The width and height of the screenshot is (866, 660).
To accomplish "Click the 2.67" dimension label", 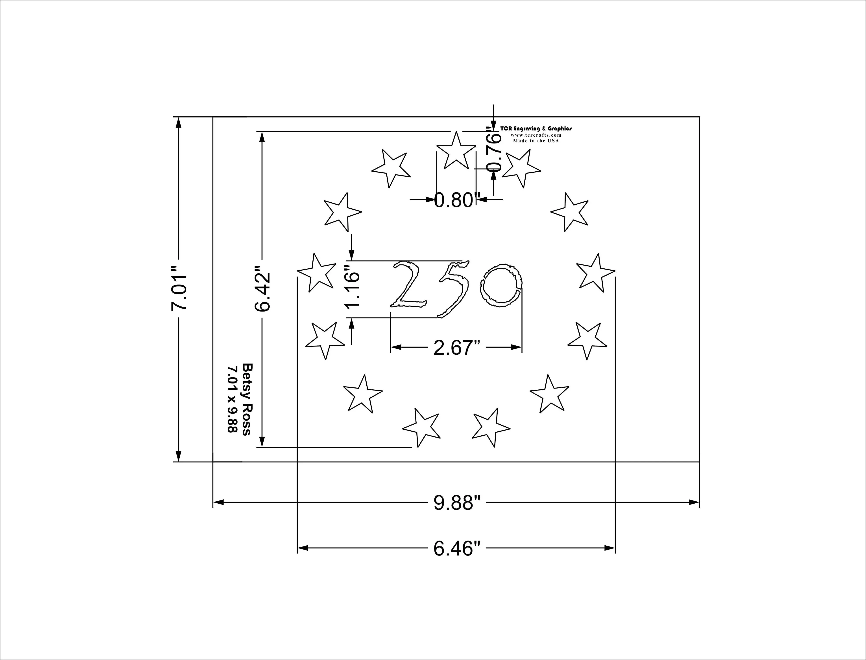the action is [457, 348].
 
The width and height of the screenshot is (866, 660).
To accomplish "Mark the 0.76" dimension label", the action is [494, 149].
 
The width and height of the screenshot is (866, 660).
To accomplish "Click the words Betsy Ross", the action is [246, 399].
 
